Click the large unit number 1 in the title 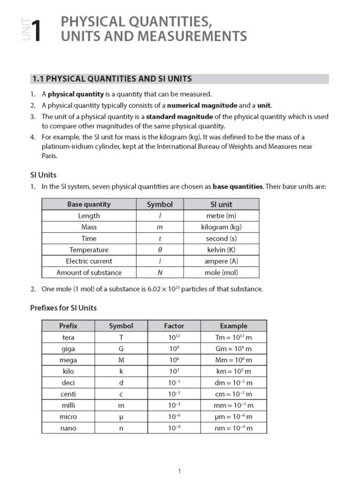(x=37, y=31)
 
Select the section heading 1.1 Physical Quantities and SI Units (x=112, y=79)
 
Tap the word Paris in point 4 (x=49, y=155)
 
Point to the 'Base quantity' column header (x=89, y=204)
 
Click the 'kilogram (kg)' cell (x=221, y=227)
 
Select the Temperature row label (x=89, y=250)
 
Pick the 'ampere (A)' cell (x=221, y=261)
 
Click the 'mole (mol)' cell (x=221, y=273)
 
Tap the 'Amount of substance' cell (x=89, y=273)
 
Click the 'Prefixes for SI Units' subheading (x=63, y=308)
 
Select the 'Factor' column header (x=174, y=326)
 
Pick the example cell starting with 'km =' (x=233, y=372)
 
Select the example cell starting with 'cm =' (x=233, y=394)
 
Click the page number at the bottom (x=179, y=471)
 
